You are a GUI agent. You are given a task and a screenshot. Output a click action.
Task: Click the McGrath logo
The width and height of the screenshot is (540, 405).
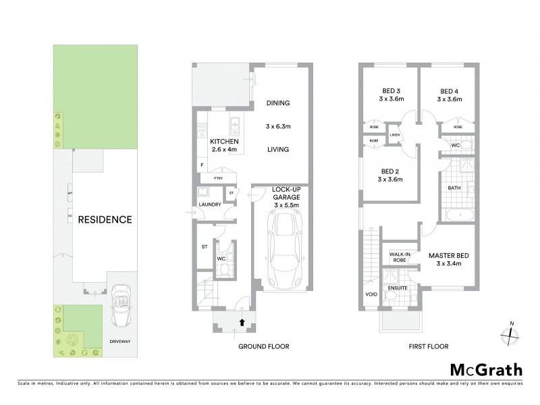coord(485,370)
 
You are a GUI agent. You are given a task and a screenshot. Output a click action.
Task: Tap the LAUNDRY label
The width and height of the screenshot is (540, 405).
coord(210,202)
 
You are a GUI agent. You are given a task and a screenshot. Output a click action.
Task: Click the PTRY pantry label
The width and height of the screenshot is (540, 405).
coord(218,178)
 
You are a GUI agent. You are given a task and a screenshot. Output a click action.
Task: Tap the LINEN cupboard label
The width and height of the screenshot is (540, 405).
coord(396,135)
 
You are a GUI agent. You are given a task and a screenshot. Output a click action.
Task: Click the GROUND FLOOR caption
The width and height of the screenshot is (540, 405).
coord(265,346)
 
